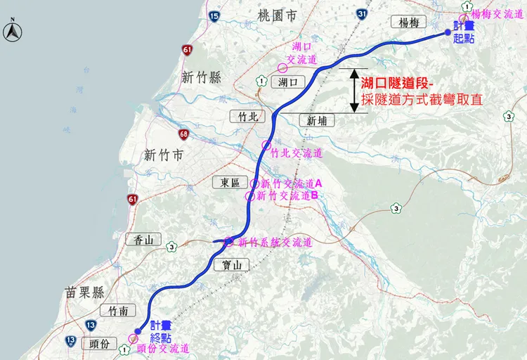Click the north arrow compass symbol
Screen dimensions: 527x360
tap(12, 31)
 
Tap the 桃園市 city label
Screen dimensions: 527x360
tap(278, 14)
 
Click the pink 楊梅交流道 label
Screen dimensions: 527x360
tap(498, 13)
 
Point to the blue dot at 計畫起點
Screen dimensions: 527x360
tap(447, 32)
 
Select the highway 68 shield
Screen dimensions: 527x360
tap(184, 134)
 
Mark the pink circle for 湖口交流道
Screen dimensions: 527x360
tap(282, 68)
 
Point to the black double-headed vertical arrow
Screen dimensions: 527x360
tap(353, 90)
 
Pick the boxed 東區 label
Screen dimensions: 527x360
tap(230, 182)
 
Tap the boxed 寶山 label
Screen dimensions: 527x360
tap(231, 265)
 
